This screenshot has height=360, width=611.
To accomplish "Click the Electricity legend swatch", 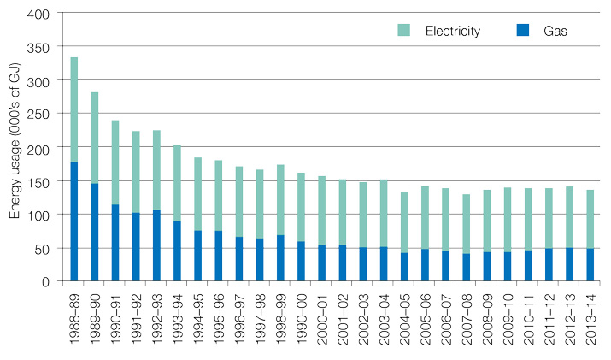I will (404, 30).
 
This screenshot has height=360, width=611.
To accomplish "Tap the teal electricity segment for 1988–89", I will (74, 109).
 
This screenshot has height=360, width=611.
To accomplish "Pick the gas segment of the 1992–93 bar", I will (157, 245).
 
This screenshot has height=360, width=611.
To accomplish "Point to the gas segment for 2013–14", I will (590, 264).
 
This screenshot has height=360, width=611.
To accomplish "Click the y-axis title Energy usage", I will (15, 147).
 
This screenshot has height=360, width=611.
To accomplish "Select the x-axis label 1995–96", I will (220, 317).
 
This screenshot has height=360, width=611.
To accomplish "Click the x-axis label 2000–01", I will (323, 317).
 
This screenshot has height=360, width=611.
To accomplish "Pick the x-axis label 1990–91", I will (116, 317).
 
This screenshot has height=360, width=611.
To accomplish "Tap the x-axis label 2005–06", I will (426, 317).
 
